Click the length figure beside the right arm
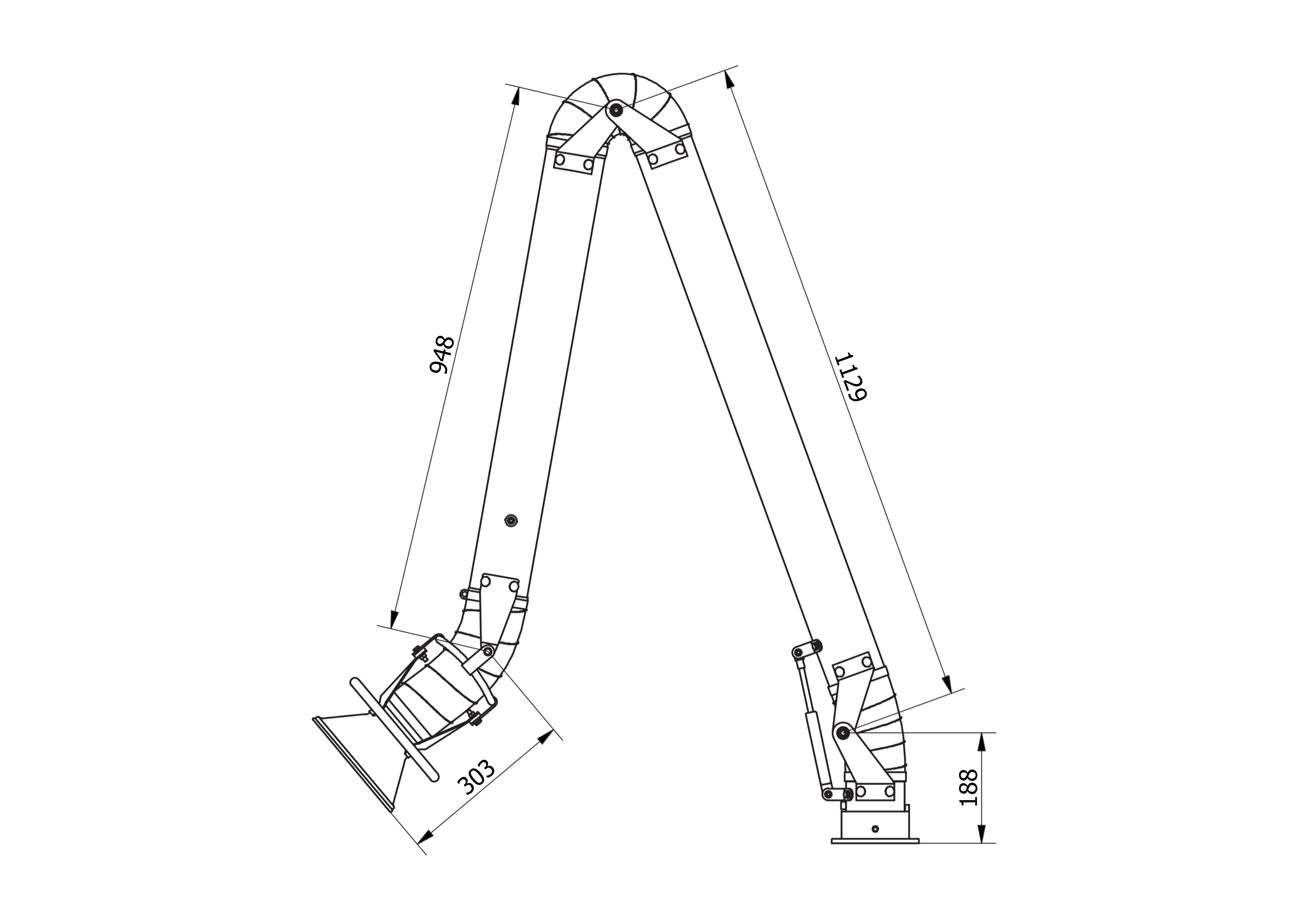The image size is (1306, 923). point(851,378)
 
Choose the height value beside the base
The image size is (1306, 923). point(967,788)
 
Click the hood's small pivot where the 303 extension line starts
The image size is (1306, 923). point(487,651)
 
